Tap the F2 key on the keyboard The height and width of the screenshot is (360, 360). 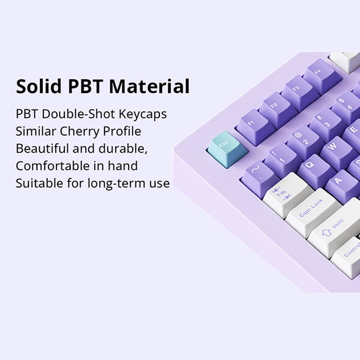pos(275,106)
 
